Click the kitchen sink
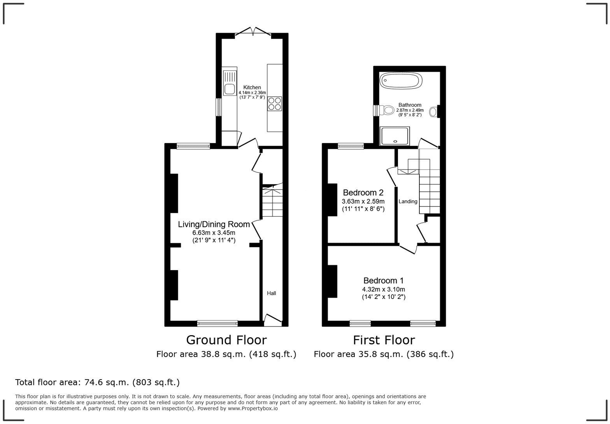tap(229, 88)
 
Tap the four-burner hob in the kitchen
tap(274, 104)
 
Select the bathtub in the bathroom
tap(401, 81)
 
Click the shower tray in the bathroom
tap(395, 136)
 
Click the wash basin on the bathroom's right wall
tap(433, 112)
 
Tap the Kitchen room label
tap(252, 87)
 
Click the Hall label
tap(271, 293)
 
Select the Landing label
tap(408, 201)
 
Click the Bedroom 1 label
tap(383, 281)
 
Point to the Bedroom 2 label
tap(363, 193)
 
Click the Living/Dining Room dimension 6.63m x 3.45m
tap(214, 233)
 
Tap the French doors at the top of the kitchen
tap(253, 33)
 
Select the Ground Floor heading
tap(226, 340)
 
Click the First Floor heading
tap(384, 340)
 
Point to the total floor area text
tap(97, 382)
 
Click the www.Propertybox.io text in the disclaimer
tap(252, 408)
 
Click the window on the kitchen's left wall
tap(219, 107)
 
